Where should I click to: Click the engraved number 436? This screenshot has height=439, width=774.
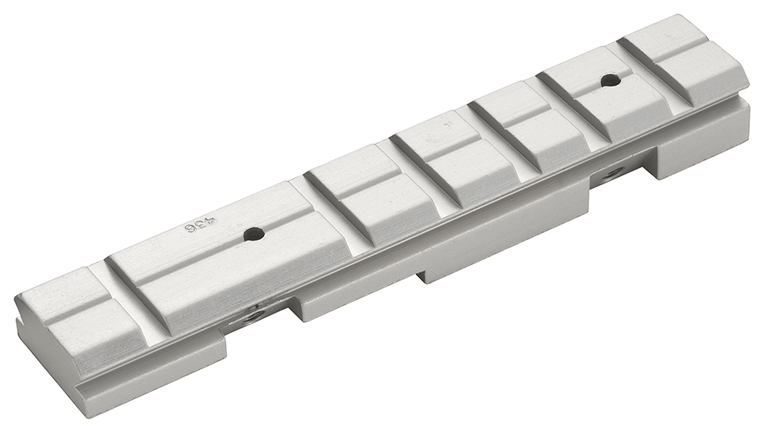tap(198, 227)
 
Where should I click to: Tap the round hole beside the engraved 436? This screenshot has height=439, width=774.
tap(249, 232)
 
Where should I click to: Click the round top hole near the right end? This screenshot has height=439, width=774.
tap(610, 79)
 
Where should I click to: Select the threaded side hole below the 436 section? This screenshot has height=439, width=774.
tap(251, 315)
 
